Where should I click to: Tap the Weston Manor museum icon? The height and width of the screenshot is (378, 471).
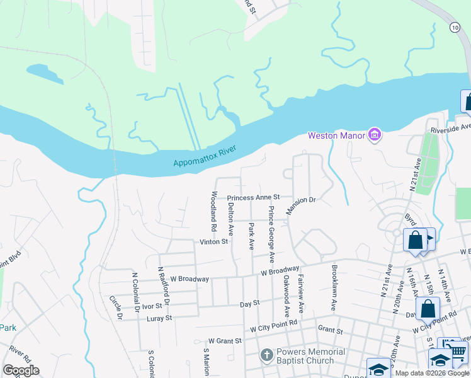375,135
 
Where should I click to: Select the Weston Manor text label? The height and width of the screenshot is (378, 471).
337,135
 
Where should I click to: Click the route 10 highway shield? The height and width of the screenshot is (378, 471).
455,27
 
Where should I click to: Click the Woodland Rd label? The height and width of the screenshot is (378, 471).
214,210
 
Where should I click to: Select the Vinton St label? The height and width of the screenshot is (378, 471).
213,241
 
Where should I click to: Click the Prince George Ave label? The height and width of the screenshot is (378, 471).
271,234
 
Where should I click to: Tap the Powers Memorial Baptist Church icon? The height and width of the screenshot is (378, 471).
266,356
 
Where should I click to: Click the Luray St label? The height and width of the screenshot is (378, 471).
159,319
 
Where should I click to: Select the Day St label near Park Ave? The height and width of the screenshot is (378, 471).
249,304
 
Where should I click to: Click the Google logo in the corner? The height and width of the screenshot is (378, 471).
21,370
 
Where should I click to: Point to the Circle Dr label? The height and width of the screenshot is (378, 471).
116,307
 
